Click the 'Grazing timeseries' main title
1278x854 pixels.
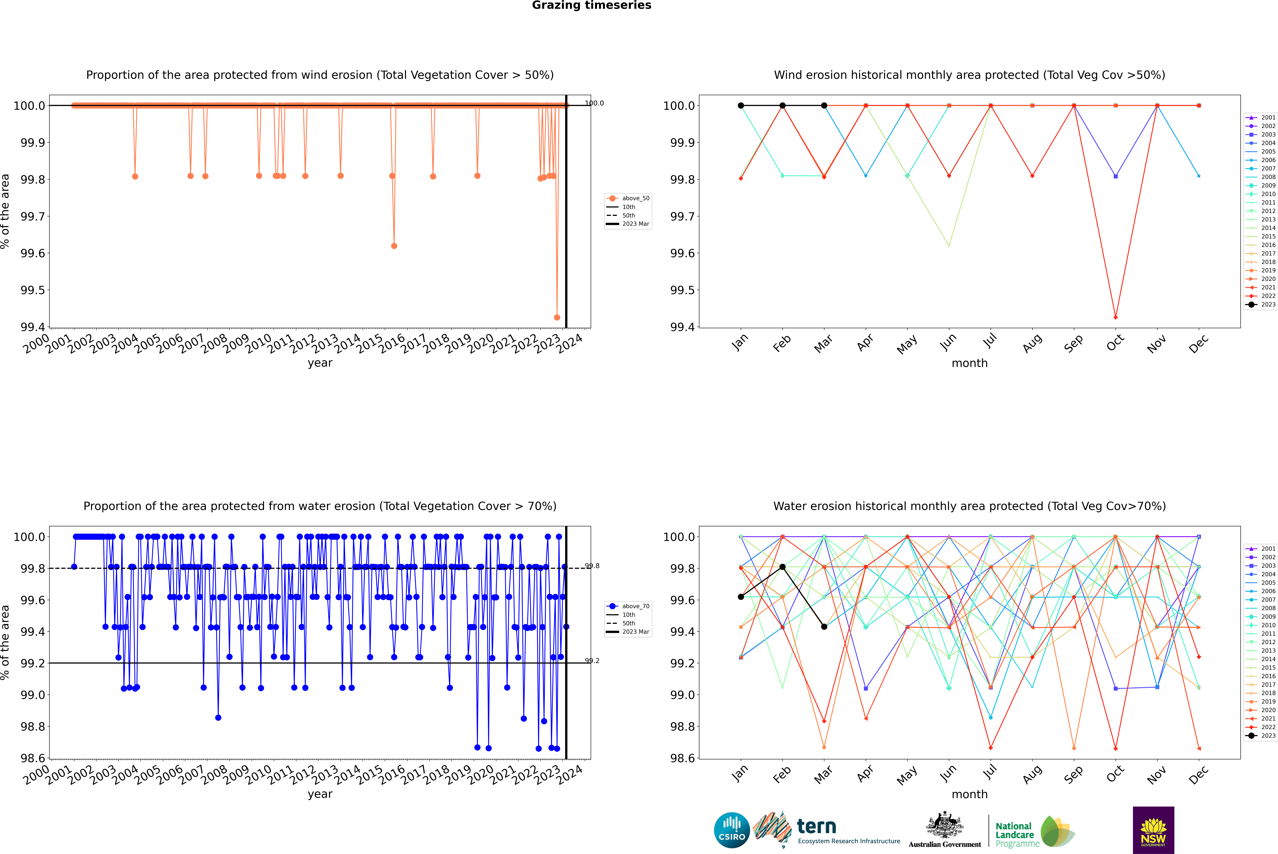click(x=592, y=5)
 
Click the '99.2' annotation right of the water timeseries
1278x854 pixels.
click(x=592, y=661)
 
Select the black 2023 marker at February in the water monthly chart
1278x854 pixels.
click(x=782, y=567)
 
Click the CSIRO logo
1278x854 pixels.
click(x=732, y=830)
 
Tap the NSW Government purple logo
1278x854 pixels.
click(x=1153, y=830)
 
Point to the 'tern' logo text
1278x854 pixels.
click(x=816, y=827)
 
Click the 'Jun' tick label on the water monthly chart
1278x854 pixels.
click(x=948, y=773)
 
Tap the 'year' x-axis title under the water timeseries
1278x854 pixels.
click(x=320, y=794)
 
